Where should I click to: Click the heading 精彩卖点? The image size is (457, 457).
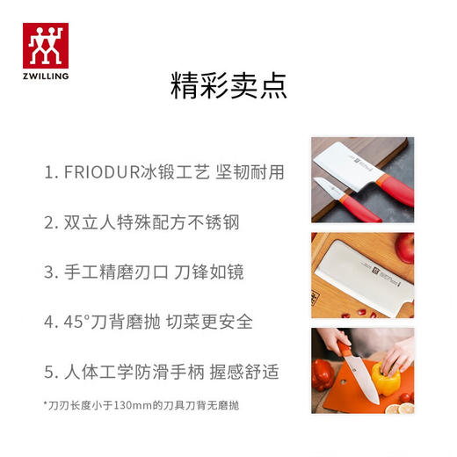click(x=228, y=88)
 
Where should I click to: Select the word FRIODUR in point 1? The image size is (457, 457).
click(x=103, y=171)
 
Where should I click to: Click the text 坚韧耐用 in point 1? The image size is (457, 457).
click(x=252, y=171)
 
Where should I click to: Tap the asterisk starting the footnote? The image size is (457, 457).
click(x=45, y=403)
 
